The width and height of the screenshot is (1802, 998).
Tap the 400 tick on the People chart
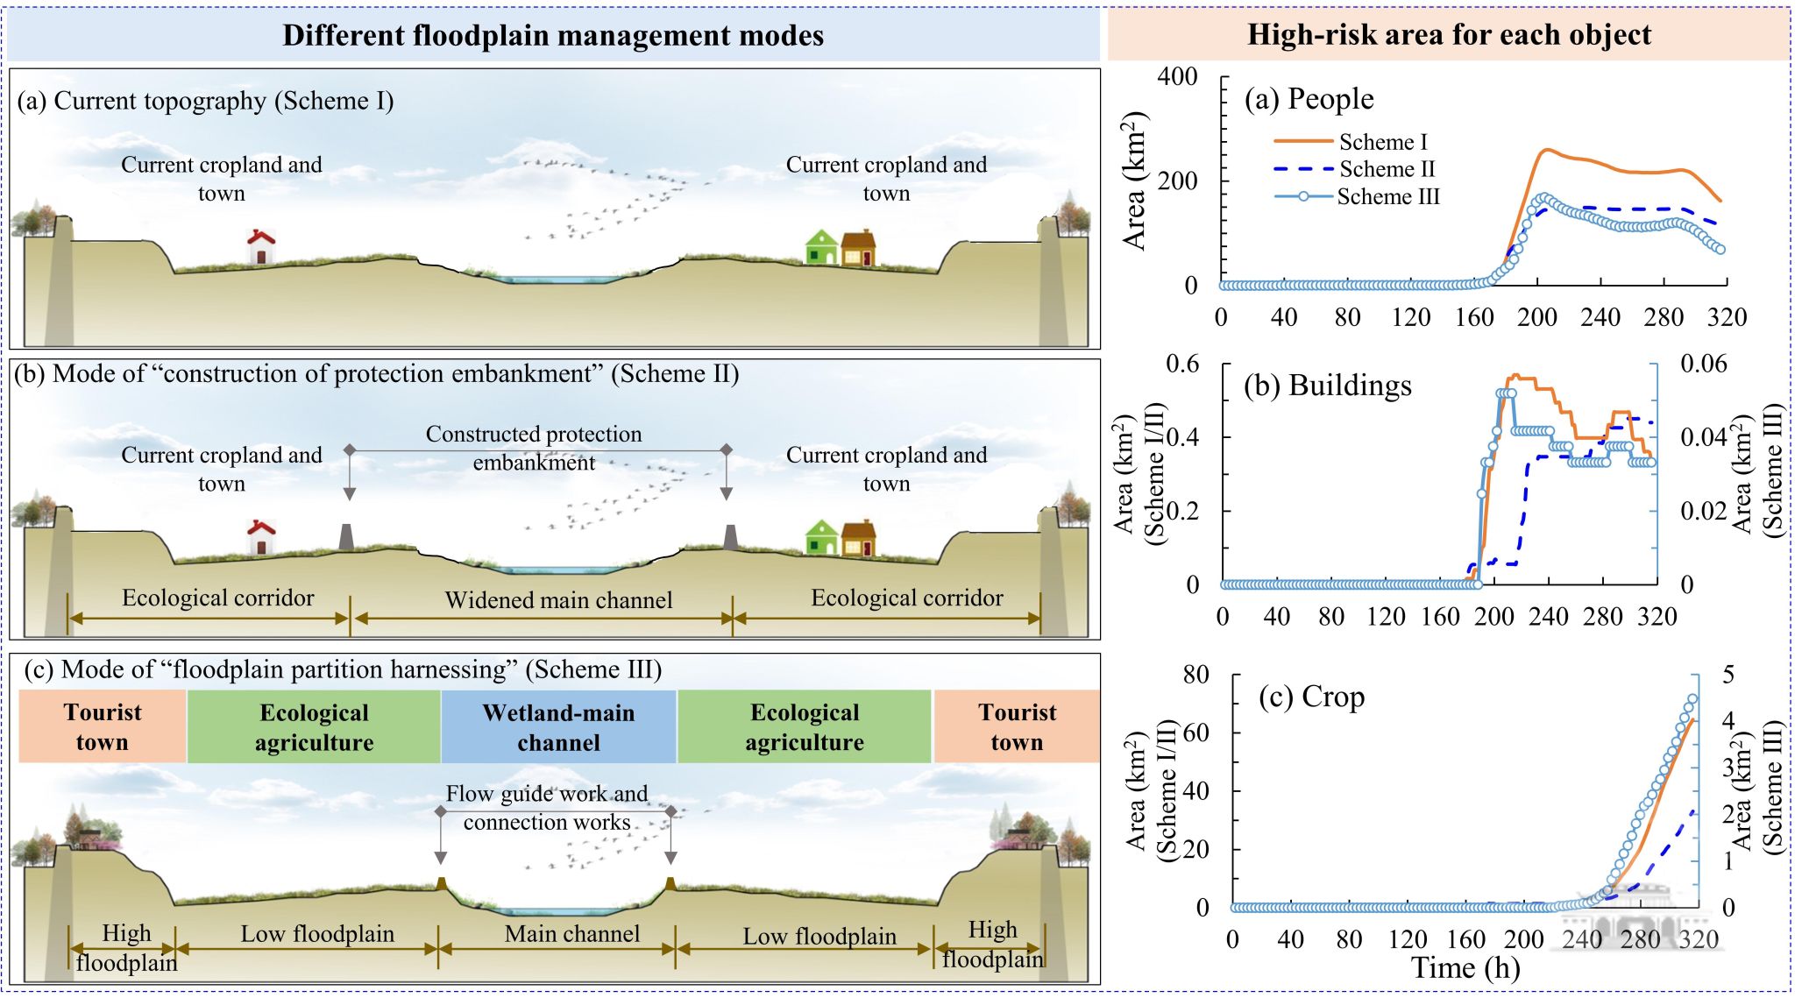pos(1177,77)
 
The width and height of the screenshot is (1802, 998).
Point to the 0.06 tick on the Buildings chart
pos(1703,364)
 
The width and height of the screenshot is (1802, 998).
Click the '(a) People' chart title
pos(1309,99)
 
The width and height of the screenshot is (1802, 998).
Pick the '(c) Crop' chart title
pos(1311,697)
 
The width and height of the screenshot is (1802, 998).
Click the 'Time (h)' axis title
pos(1465,968)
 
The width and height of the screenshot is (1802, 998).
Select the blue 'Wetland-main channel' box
pos(558,727)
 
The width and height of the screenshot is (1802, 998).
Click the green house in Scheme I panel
pos(821,247)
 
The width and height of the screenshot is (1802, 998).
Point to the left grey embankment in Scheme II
pos(347,536)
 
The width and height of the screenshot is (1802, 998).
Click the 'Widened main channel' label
pos(558,600)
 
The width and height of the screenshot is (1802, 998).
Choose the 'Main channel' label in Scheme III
pos(571,934)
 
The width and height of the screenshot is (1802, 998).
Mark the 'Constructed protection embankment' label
pos(534,448)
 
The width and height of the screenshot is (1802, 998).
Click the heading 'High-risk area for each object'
pos(1448,35)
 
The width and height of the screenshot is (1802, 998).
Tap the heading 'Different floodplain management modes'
pos(552,35)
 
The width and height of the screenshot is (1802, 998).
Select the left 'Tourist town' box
pos(103,727)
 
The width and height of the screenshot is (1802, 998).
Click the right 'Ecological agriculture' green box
pos(805,727)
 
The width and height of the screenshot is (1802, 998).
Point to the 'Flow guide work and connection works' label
pos(547,808)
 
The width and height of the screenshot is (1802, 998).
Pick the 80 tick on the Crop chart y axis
pos(1195,675)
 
